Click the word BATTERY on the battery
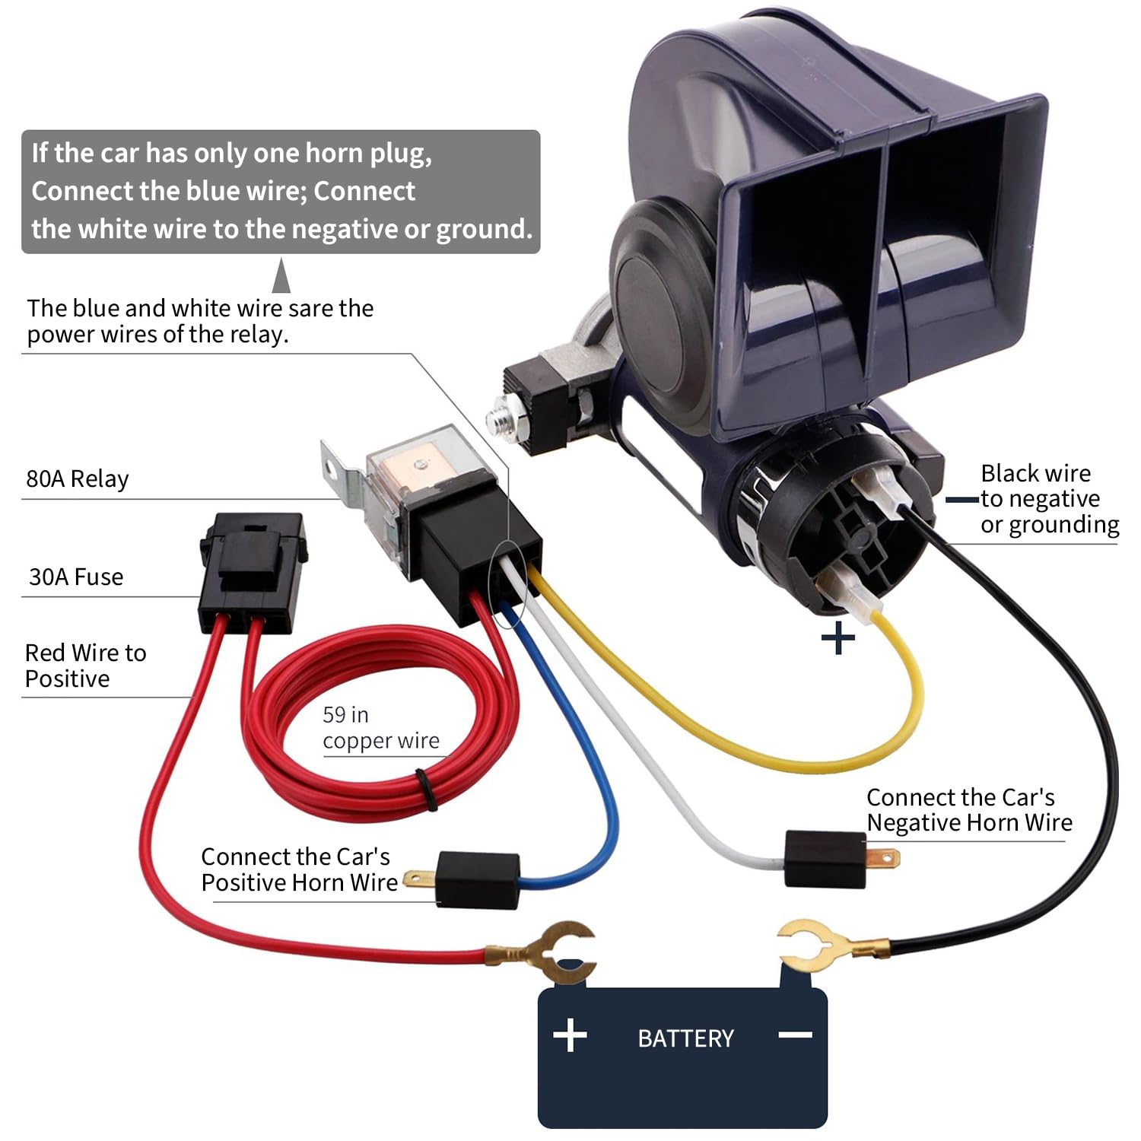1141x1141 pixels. [x=685, y=1038]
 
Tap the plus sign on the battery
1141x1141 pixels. [x=570, y=1036]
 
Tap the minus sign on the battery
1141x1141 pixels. [x=796, y=1035]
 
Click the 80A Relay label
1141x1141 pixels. [x=78, y=478]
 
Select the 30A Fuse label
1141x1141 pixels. [x=76, y=577]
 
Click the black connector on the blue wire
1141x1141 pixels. [x=478, y=880]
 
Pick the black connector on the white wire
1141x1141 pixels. [x=825, y=859]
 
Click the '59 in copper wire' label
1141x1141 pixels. [x=380, y=727]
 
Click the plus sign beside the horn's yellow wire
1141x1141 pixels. [x=838, y=637]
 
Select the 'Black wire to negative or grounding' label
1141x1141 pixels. [x=1050, y=499]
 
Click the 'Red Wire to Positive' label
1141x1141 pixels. [x=85, y=666]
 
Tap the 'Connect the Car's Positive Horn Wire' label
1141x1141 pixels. [x=299, y=869]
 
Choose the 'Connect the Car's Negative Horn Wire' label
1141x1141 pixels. [x=969, y=810]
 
